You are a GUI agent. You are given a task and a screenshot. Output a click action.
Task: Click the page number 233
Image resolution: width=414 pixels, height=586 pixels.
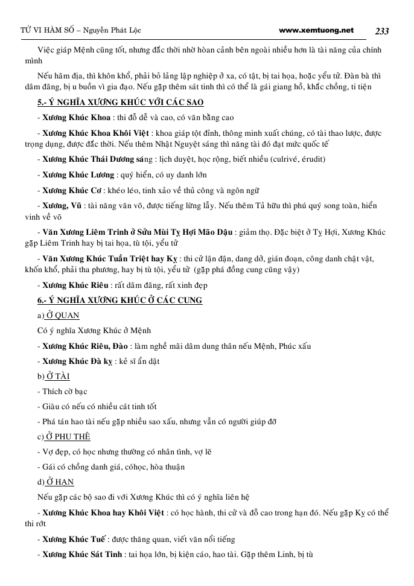[381, 30]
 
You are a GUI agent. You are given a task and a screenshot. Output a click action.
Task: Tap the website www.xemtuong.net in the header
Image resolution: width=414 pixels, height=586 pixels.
[317, 30]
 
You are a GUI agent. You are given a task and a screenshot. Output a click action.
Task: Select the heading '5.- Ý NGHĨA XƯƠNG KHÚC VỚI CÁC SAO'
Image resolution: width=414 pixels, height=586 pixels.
[121, 102]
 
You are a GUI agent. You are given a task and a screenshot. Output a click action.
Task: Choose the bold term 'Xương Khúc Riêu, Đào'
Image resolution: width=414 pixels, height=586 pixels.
[85, 346]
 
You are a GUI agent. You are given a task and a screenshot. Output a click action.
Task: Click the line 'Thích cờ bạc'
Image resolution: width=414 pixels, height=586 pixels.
[64, 391]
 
